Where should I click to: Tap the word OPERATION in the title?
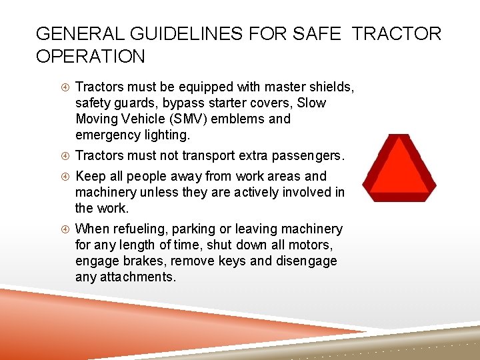click(x=91, y=57)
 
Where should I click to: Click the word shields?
click(x=328, y=87)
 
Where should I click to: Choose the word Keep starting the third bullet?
click(x=90, y=177)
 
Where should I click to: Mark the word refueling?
click(x=148, y=229)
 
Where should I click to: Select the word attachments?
click(x=137, y=277)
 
